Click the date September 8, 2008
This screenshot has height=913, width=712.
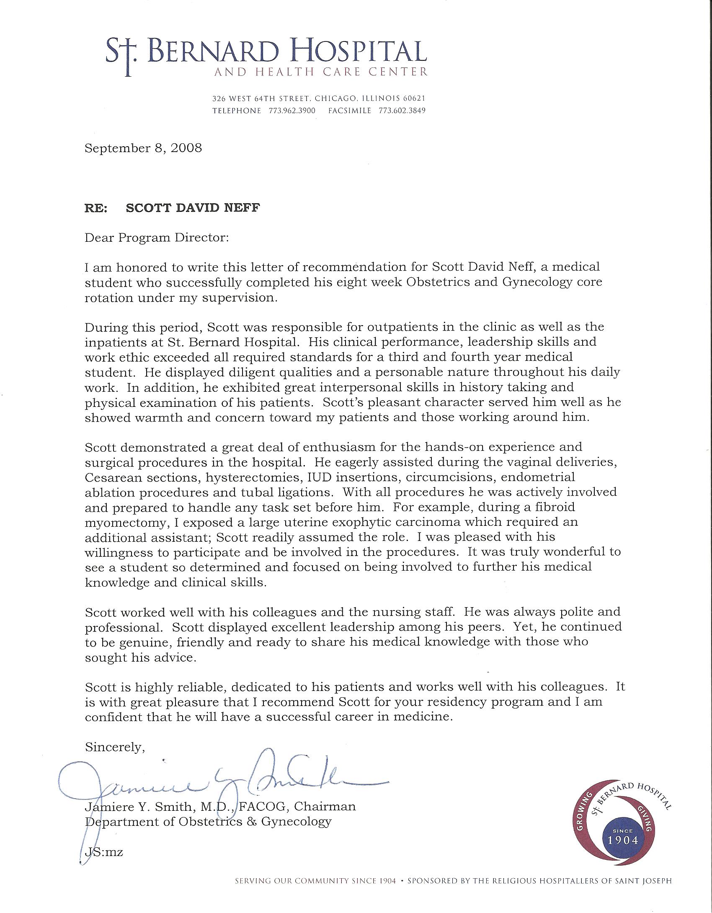point(143,148)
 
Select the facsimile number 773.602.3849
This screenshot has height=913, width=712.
point(402,111)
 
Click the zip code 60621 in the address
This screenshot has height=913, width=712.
point(414,99)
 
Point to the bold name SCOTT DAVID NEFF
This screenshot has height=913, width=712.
point(193,208)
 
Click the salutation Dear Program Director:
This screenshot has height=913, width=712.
point(157,238)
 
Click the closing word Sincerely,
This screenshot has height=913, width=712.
point(115,747)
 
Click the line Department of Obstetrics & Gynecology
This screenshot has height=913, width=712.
point(208,821)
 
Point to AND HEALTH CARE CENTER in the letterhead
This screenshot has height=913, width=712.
point(320,72)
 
